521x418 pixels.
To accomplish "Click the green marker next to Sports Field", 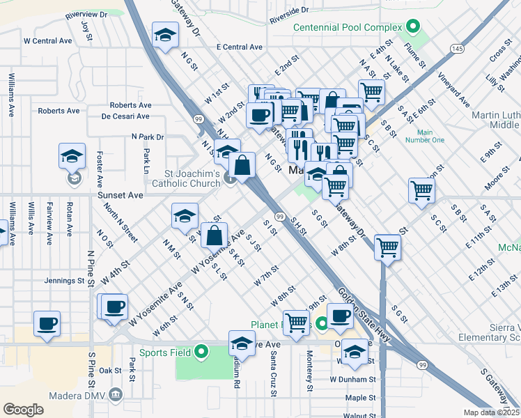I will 201,351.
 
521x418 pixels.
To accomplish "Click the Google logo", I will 24,409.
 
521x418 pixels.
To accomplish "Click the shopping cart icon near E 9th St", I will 422,189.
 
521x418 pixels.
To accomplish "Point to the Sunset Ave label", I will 120,196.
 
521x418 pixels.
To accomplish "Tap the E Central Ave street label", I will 239,47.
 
